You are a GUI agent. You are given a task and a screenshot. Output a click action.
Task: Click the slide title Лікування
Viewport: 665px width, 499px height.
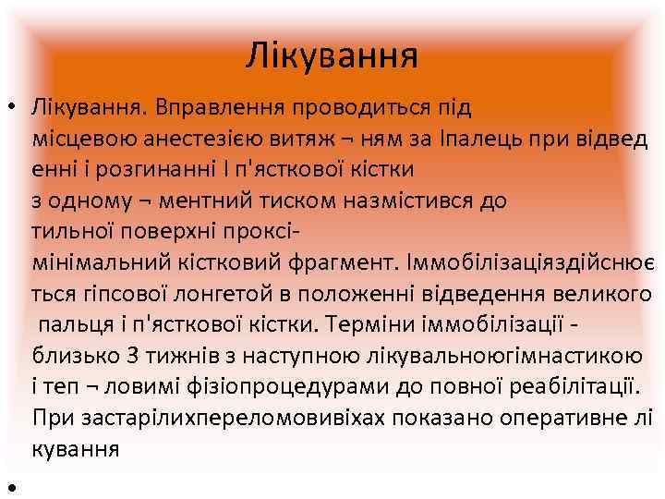[x=332, y=55]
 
